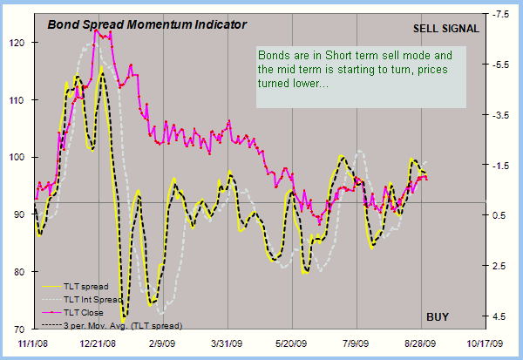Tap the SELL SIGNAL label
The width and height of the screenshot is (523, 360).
pos(445,28)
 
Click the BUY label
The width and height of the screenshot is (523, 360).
pos(438,315)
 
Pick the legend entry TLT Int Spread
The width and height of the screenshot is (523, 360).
pos(88,299)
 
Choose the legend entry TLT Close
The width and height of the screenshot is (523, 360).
pos(82,312)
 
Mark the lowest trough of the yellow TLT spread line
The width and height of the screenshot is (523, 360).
pos(125,318)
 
